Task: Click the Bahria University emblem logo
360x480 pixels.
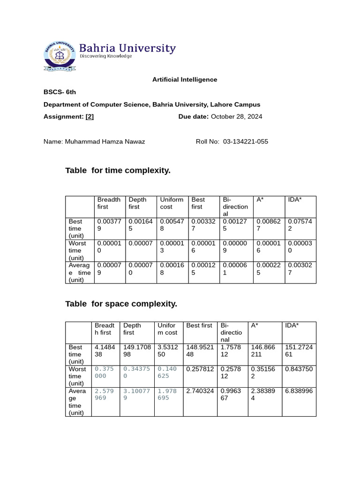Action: [59, 55]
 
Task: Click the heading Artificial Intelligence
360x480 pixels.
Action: [185, 80]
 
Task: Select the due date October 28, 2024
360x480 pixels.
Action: [236, 117]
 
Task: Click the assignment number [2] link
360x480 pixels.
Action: [90, 117]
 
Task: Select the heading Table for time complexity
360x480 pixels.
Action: [118, 171]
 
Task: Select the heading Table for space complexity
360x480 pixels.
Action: [121, 304]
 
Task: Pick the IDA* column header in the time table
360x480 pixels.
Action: [294, 200]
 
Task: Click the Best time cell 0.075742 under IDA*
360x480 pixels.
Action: [296, 225]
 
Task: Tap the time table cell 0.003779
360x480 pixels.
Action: [109, 225]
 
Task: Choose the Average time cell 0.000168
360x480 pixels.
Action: [172, 269]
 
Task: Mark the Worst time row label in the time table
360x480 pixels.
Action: [76, 250]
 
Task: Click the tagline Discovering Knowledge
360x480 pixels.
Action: [105, 56]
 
